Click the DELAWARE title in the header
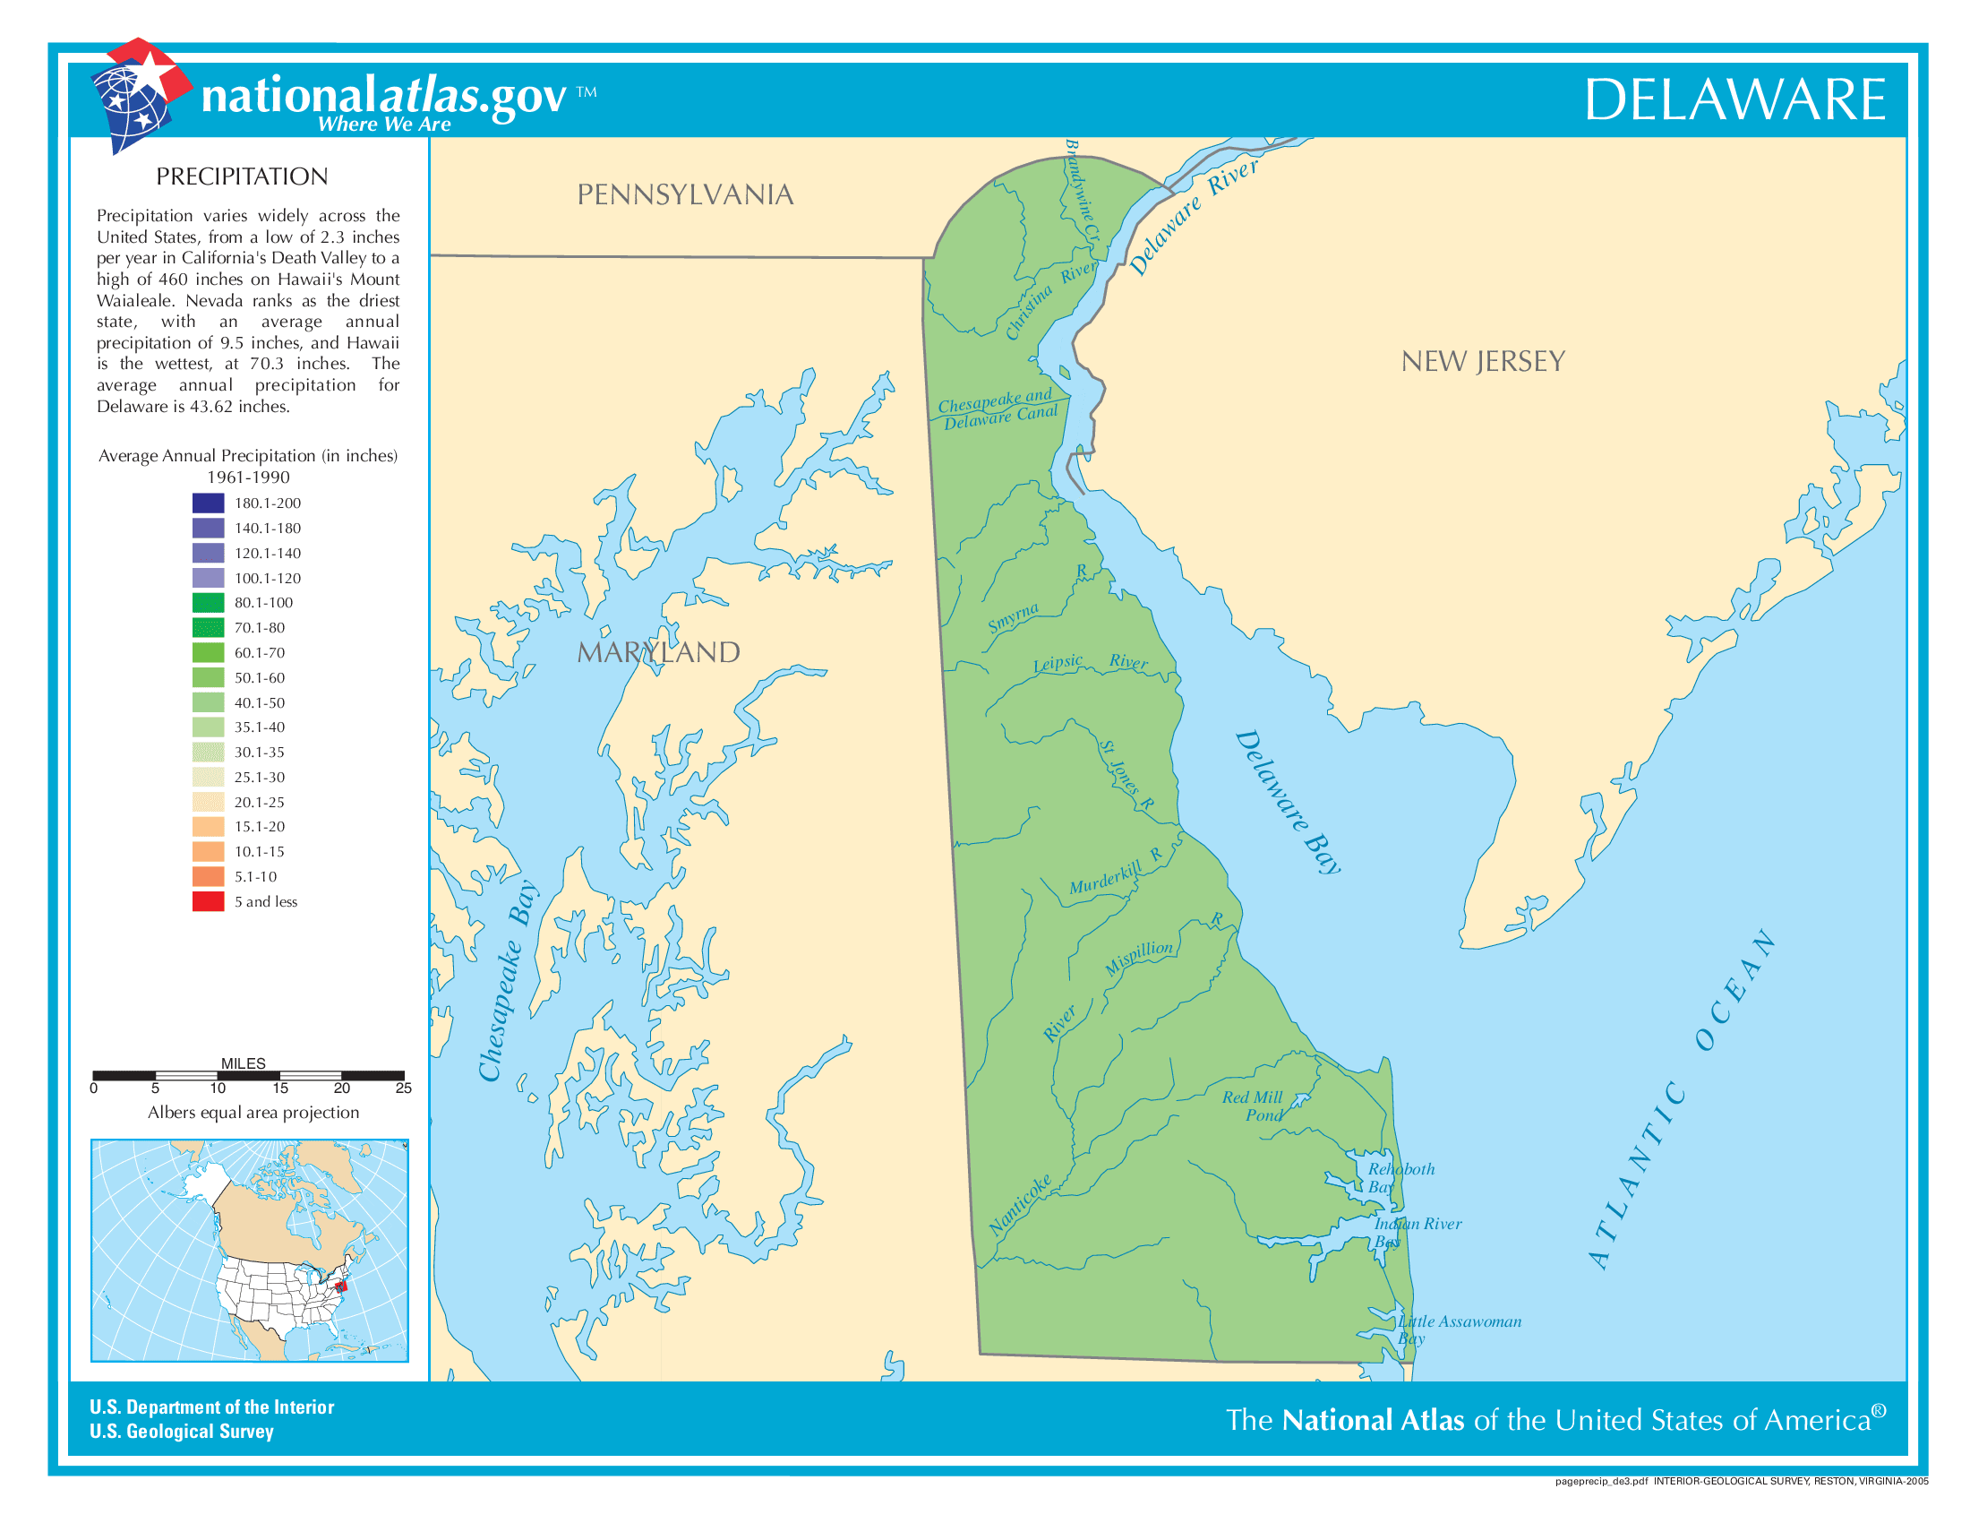point(1734,99)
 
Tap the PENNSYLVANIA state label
point(685,195)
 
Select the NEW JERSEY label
point(1482,362)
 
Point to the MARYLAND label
point(658,652)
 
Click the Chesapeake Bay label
point(508,981)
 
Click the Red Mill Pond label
point(1253,1106)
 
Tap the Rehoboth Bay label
point(1399,1177)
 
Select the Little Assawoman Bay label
point(1459,1329)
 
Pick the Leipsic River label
point(1090,663)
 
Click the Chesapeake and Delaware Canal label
point(997,409)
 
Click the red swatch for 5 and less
point(208,901)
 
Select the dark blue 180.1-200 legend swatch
point(208,503)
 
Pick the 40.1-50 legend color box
point(208,702)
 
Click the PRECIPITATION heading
point(242,176)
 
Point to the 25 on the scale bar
point(403,1089)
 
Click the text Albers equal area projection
point(253,1113)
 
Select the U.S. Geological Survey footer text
point(181,1431)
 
